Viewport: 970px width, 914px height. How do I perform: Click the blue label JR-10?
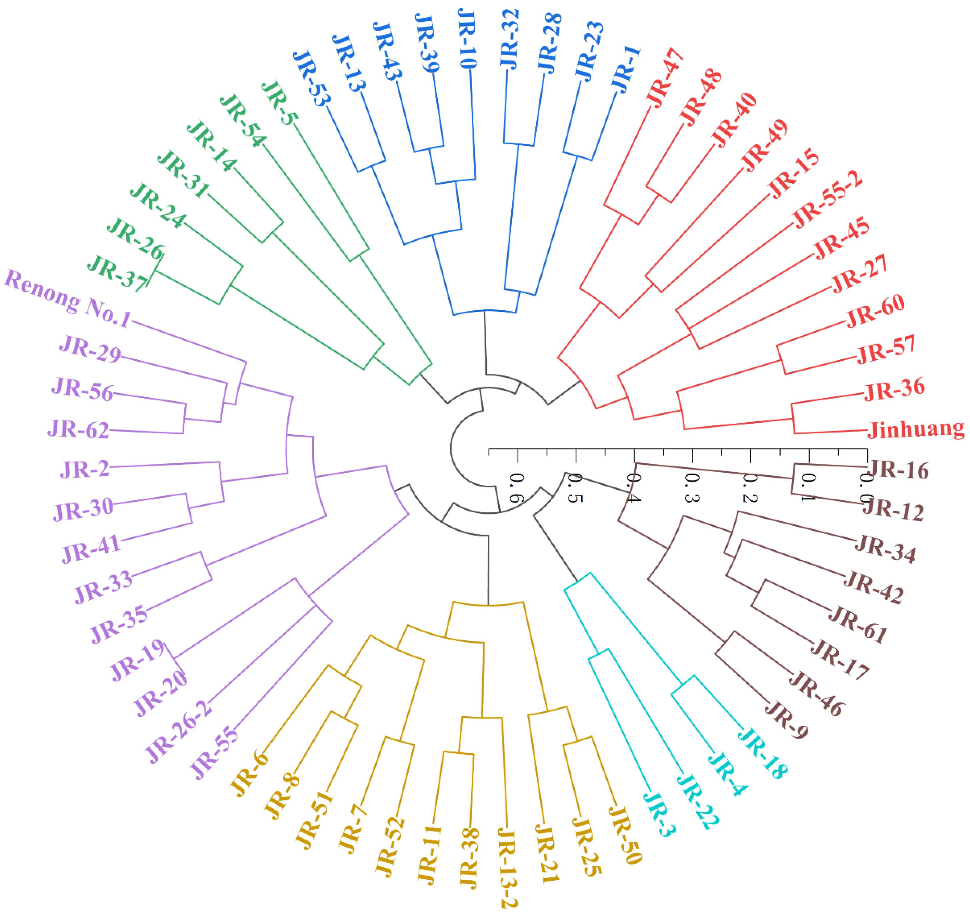coord(467,39)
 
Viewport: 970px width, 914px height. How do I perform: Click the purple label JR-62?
coord(78,430)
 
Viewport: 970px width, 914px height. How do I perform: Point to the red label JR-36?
coord(894,389)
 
